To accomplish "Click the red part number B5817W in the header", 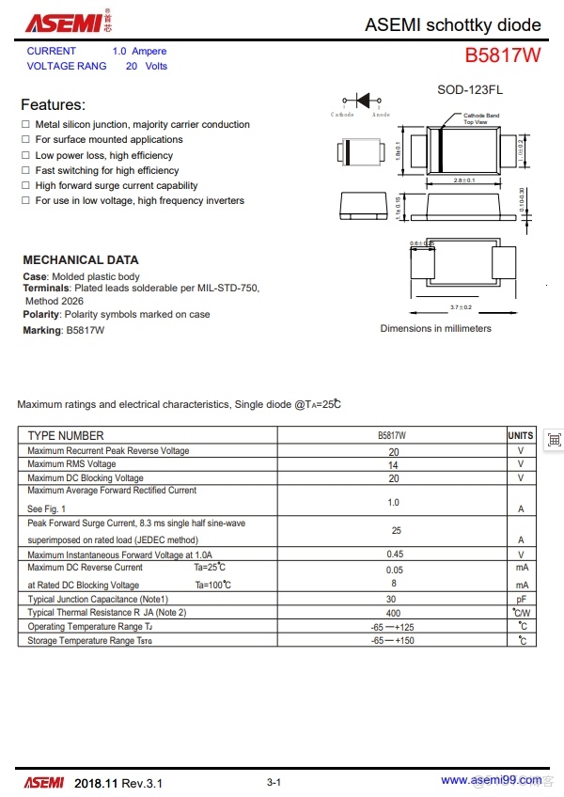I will pos(503,55).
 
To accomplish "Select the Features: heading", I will pos(53,104).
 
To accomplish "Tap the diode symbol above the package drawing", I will pos(361,101).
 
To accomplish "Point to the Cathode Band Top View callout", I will pos(480,118).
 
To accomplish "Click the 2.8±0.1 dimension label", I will pos(463,180).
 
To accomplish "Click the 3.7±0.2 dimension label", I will pos(461,307).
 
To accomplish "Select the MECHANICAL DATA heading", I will pos(80,259).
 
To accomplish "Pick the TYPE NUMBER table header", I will pos(66,436).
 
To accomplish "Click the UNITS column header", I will pos(521,436).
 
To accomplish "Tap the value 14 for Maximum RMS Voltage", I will pos(393,465).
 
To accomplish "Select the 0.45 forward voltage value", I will pos(394,555).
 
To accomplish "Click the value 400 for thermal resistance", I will pos(393,613).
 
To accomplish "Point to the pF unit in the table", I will pos(521,599).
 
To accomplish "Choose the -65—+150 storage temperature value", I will pos(393,641).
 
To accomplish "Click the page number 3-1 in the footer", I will pos(274,782).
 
